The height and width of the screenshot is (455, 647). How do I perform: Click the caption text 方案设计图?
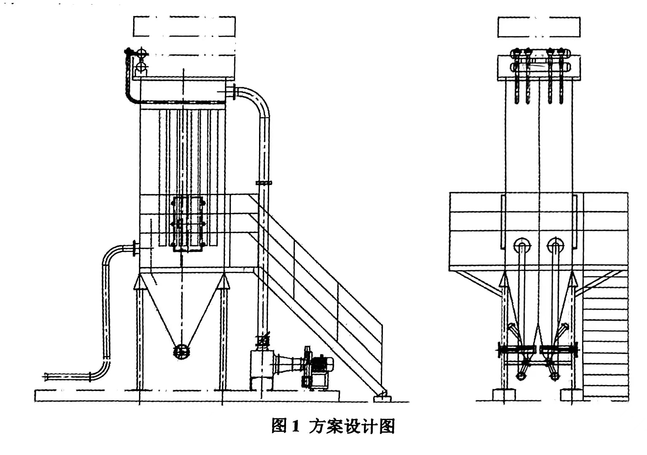tap(352, 426)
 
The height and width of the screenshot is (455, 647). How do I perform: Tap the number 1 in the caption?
tap(294, 426)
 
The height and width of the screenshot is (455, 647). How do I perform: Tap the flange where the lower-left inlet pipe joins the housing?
tap(135, 248)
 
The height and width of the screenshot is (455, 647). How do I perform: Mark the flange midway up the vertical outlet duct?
tap(264, 183)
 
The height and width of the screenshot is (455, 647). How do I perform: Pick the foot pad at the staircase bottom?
tap(382, 397)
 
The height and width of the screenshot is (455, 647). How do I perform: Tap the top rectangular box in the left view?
tap(184, 27)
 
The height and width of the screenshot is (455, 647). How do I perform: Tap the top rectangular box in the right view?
tap(539, 27)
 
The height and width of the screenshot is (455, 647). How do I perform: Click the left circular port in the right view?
tap(522, 245)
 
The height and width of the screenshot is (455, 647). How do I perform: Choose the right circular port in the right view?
tap(555, 245)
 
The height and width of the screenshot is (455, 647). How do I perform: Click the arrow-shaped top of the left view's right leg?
tap(223, 281)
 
